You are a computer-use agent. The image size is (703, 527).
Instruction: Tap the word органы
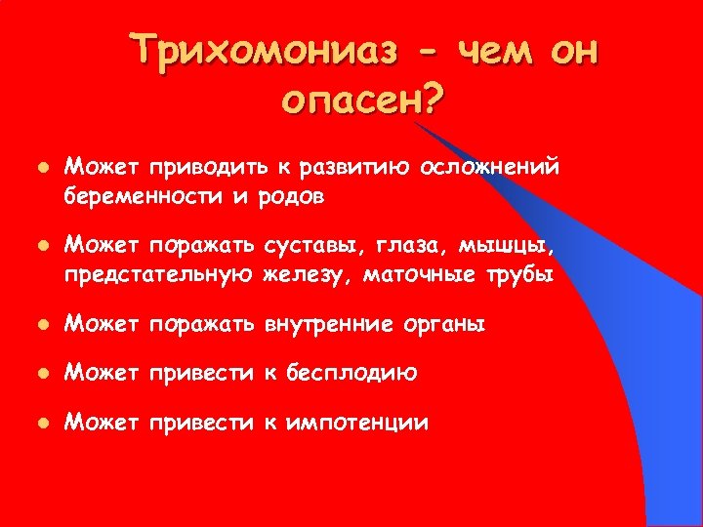445,324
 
